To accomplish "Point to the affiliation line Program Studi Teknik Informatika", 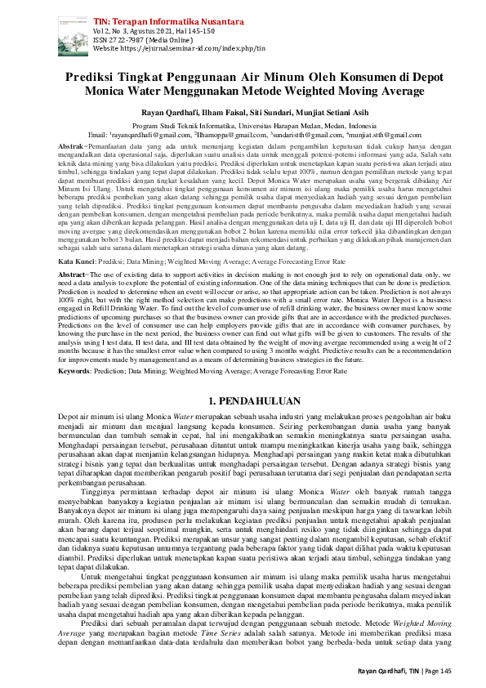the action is (x=243, y=125).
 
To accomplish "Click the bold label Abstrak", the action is (x=72, y=145).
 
